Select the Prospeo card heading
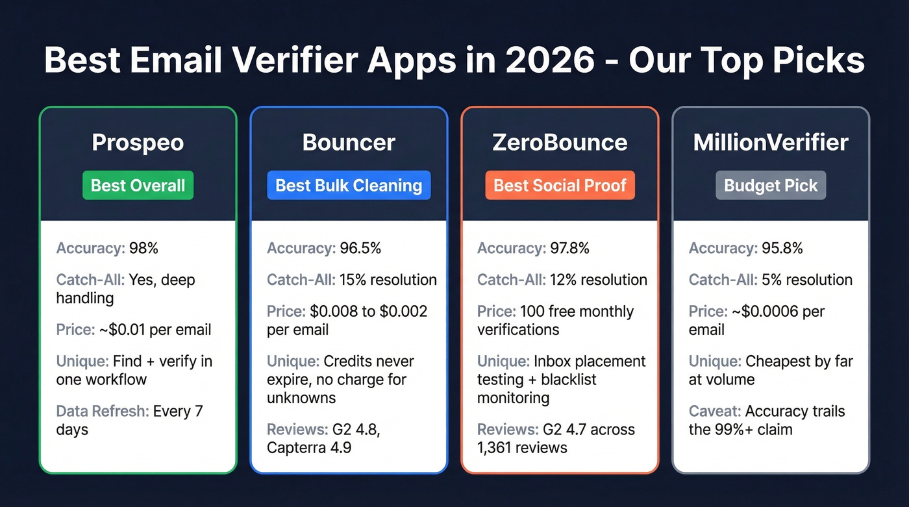point(138,142)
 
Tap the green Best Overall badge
point(138,186)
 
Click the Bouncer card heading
point(349,142)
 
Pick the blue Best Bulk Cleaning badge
point(349,186)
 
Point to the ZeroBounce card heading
point(560,142)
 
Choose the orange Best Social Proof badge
point(560,186)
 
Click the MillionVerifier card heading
point(771,142)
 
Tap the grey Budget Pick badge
point(771,186)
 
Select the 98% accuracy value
point(143,248)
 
